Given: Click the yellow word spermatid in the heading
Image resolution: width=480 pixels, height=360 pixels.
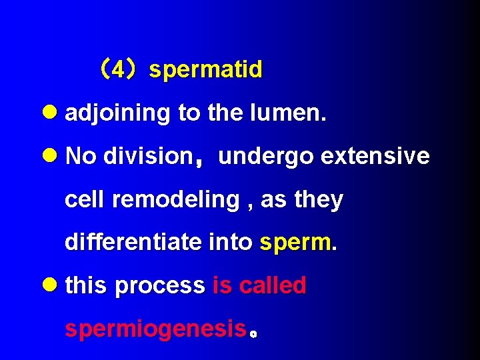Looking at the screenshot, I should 206,70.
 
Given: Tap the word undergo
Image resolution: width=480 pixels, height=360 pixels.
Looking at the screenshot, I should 266,157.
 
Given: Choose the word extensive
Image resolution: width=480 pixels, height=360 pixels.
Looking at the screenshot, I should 375,156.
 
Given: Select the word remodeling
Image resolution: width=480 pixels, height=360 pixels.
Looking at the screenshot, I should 176,200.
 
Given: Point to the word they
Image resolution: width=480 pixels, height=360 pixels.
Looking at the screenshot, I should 319,200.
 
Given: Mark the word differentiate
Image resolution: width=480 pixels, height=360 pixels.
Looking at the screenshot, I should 133,242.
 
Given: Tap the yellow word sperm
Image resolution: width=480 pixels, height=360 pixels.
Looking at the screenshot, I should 296,243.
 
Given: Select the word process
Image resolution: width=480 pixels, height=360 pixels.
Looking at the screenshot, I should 159,287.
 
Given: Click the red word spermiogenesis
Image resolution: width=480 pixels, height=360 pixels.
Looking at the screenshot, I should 155,329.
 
